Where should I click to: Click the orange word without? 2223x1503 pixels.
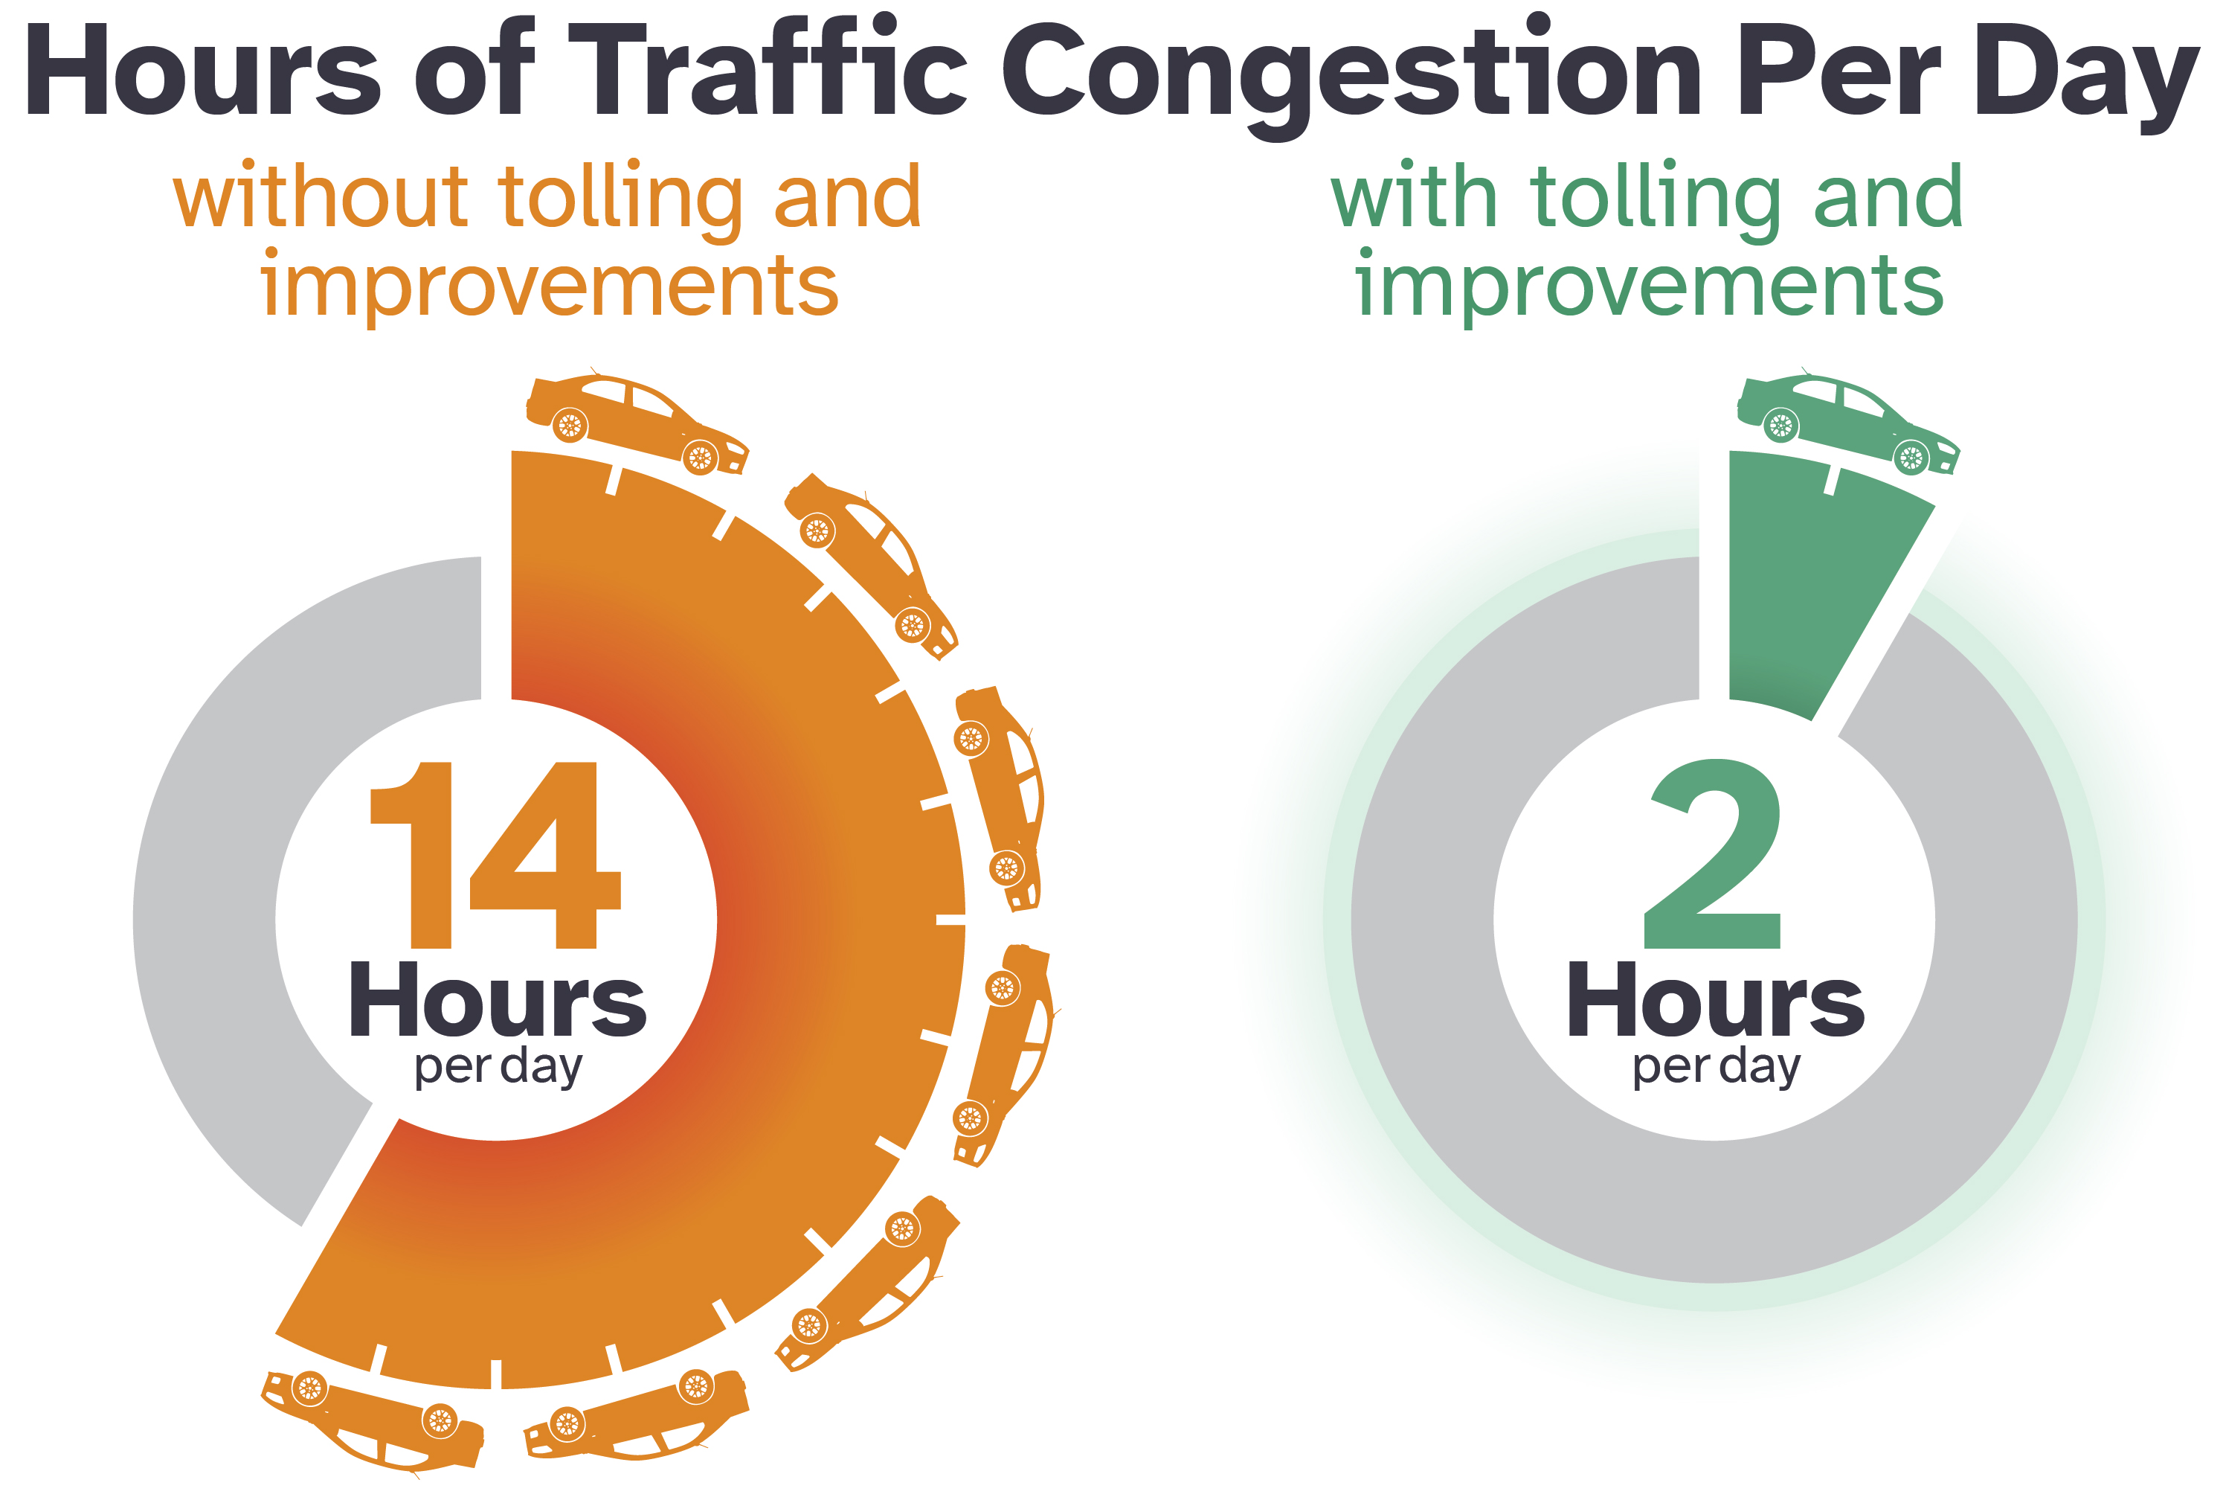[x=321, y=196]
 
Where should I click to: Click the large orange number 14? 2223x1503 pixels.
[x=495, y=854]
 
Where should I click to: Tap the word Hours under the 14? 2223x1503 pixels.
[x=498, y=1001]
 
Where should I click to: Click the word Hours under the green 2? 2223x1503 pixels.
[x=1715, y=1001]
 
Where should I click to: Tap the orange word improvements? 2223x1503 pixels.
[x=550, y=285]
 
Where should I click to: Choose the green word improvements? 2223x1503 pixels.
[x=1650, y=285]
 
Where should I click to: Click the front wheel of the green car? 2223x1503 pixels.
[x=1911, y=458]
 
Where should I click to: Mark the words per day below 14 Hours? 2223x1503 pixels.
[x=498, y=1067]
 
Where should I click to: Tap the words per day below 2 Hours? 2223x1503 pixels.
[x=1716, y=1067]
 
